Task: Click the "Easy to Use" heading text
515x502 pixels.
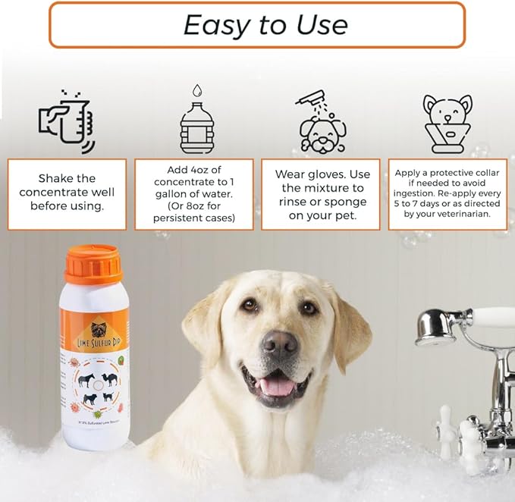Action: (x=265, y=25)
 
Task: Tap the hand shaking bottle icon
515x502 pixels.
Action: (x=67, y=121)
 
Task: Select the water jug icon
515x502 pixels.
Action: (x=197, y=121)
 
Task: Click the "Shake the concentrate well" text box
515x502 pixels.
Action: (x=67, y=193)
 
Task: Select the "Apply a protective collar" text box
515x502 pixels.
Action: (x=447, y=193)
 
